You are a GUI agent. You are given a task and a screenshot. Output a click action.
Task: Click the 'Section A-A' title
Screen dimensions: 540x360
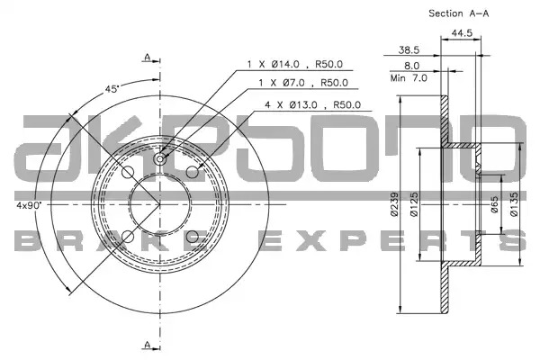click(458, 13)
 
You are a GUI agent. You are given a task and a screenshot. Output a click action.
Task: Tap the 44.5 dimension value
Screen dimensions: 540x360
click(462, 33)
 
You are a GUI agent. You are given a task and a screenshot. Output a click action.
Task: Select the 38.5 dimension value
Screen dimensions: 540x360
click(409, 50)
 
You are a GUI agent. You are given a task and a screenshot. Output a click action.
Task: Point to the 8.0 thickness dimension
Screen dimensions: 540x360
click(411, 66)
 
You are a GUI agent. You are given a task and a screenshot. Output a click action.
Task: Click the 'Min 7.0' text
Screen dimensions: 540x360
click(409, 78)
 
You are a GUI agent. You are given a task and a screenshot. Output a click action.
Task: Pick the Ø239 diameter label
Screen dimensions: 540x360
click(395, 204)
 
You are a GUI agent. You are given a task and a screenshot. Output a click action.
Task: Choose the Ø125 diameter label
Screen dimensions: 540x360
click(414, 204)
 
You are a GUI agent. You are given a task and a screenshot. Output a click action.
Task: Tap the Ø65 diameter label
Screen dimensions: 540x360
click(494, 204)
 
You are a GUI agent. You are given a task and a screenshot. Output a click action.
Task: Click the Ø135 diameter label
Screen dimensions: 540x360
click(514, 204)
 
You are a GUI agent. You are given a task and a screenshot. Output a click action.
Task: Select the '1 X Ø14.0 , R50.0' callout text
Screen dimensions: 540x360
click(295, 64)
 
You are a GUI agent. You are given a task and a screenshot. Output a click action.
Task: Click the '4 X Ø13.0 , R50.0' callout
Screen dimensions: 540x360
click(312, 104)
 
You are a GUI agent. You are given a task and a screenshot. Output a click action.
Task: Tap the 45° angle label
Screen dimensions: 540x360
click(112, 89)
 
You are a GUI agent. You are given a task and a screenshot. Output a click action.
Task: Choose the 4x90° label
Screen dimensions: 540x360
click(29, 205)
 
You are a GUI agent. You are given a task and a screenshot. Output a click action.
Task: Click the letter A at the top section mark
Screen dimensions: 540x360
click(148, 57)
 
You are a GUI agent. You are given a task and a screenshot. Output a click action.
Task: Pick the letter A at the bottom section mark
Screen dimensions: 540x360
click(148, 344)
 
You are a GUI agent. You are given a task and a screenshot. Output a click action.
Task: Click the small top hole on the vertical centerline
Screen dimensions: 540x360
click(160, 158)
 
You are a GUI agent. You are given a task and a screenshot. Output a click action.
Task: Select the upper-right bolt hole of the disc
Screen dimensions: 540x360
click(193, 172)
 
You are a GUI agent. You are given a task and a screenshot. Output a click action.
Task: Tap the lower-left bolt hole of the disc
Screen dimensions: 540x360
click(128, 237)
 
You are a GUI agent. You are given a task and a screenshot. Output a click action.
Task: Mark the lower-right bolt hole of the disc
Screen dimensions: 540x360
click(193, 237)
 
